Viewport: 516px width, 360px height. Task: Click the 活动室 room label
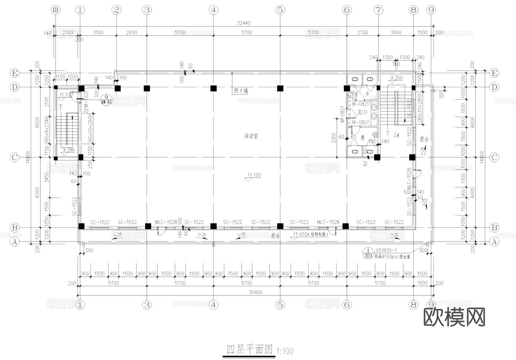(251, 136)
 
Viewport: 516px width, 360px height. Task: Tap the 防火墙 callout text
(241, 91)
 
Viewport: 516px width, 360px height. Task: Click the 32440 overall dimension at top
(244, 23)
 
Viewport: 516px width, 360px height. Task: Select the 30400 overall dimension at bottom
(255, 292)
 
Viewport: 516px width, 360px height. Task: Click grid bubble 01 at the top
(56, 10)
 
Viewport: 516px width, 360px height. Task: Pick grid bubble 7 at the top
(378, 10)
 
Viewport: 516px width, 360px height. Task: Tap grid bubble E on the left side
(15, 73)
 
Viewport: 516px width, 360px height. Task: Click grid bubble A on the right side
(494, 242)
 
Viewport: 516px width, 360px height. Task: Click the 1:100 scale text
(285, 351)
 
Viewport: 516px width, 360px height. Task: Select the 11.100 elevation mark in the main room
(254, 175)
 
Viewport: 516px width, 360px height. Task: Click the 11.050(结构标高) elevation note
(310, 234)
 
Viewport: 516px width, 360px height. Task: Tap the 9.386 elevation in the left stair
(69, 150)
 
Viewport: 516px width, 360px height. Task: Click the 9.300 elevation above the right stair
(396, 78)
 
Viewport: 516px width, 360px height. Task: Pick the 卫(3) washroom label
(362, 112)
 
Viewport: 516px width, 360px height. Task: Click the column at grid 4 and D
(213, 88)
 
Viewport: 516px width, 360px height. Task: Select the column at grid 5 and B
(280, 226)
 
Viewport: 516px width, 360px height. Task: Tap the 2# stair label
(396, 135)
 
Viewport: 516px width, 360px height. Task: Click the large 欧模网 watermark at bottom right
(454, 317)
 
